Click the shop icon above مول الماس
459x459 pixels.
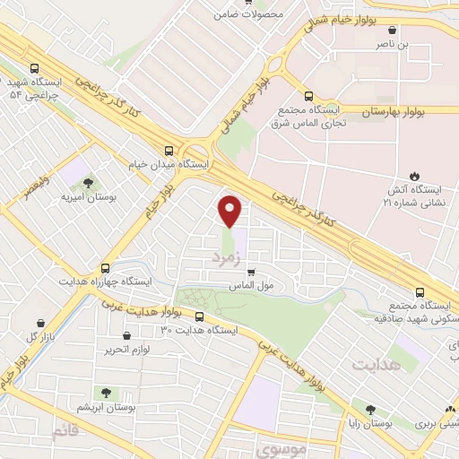click(x=251, y=272)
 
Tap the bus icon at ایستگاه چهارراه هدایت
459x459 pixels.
click(x=106, y=267)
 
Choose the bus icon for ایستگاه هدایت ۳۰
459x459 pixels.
click(x=199, y=316)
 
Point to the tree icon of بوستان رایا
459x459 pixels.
click(x=368, y=407)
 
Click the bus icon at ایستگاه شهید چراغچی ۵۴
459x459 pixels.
click(x=34, y=67)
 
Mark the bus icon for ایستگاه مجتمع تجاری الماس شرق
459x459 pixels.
click(x=308, y=95)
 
